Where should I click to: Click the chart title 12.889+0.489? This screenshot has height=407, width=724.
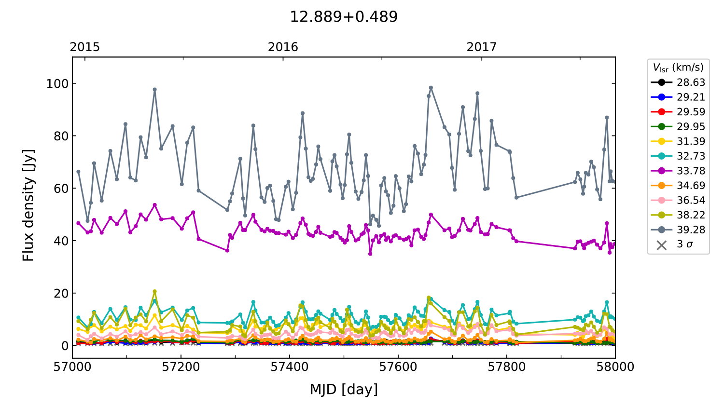[x=344, y=17]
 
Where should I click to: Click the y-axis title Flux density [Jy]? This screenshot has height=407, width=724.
[x=28, y=205]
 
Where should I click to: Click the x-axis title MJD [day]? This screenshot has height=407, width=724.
[x=344, y=389]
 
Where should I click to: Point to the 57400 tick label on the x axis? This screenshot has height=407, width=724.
[x=290, y=367]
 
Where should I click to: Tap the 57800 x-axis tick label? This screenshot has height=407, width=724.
[x=507, y=367]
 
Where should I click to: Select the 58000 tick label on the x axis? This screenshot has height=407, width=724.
[x=615, y=367]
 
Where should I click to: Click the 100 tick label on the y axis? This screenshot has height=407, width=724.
[x=57, y=83]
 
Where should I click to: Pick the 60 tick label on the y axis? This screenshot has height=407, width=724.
[x=61, y=189]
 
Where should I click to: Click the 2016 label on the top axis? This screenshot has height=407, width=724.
[x=283, y=47]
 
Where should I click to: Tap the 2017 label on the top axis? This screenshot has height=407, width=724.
[x=481, y=47]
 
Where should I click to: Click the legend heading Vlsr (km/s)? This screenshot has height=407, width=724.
[x=678, y=68]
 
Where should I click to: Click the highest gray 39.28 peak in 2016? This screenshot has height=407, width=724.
[x=431, y=88]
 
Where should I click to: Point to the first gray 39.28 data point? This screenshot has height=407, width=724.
[x=78, y=172]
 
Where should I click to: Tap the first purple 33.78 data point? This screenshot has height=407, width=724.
[x=78, y=223]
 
